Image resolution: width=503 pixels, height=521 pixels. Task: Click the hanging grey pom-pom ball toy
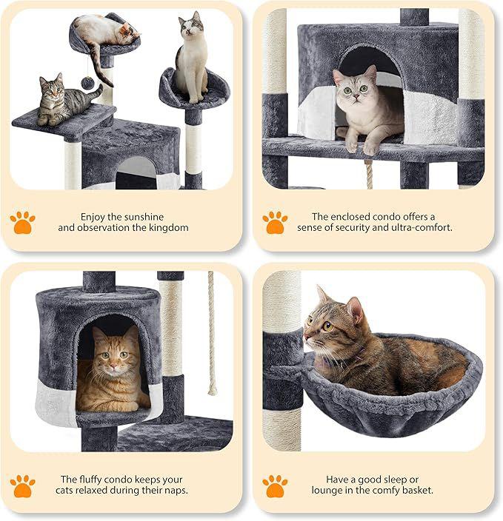(88, 83)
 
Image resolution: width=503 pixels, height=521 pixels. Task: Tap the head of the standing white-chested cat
(191, 26)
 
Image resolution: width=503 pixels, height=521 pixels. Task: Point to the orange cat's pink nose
(113, 366)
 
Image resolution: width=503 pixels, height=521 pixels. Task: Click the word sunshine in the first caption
(144, 217)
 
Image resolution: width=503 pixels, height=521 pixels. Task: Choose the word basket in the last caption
(417, 490)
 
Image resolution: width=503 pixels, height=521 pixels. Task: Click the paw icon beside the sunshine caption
(22, 222)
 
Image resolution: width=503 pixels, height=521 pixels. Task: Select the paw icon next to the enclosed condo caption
(275, 222)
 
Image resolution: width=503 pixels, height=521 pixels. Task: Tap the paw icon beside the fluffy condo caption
(22, 486)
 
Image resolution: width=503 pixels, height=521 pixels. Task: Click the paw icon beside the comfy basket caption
(275, 486)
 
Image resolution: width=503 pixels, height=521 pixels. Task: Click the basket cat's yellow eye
(327, 326)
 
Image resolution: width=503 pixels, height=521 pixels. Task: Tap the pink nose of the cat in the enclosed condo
(356, 97)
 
